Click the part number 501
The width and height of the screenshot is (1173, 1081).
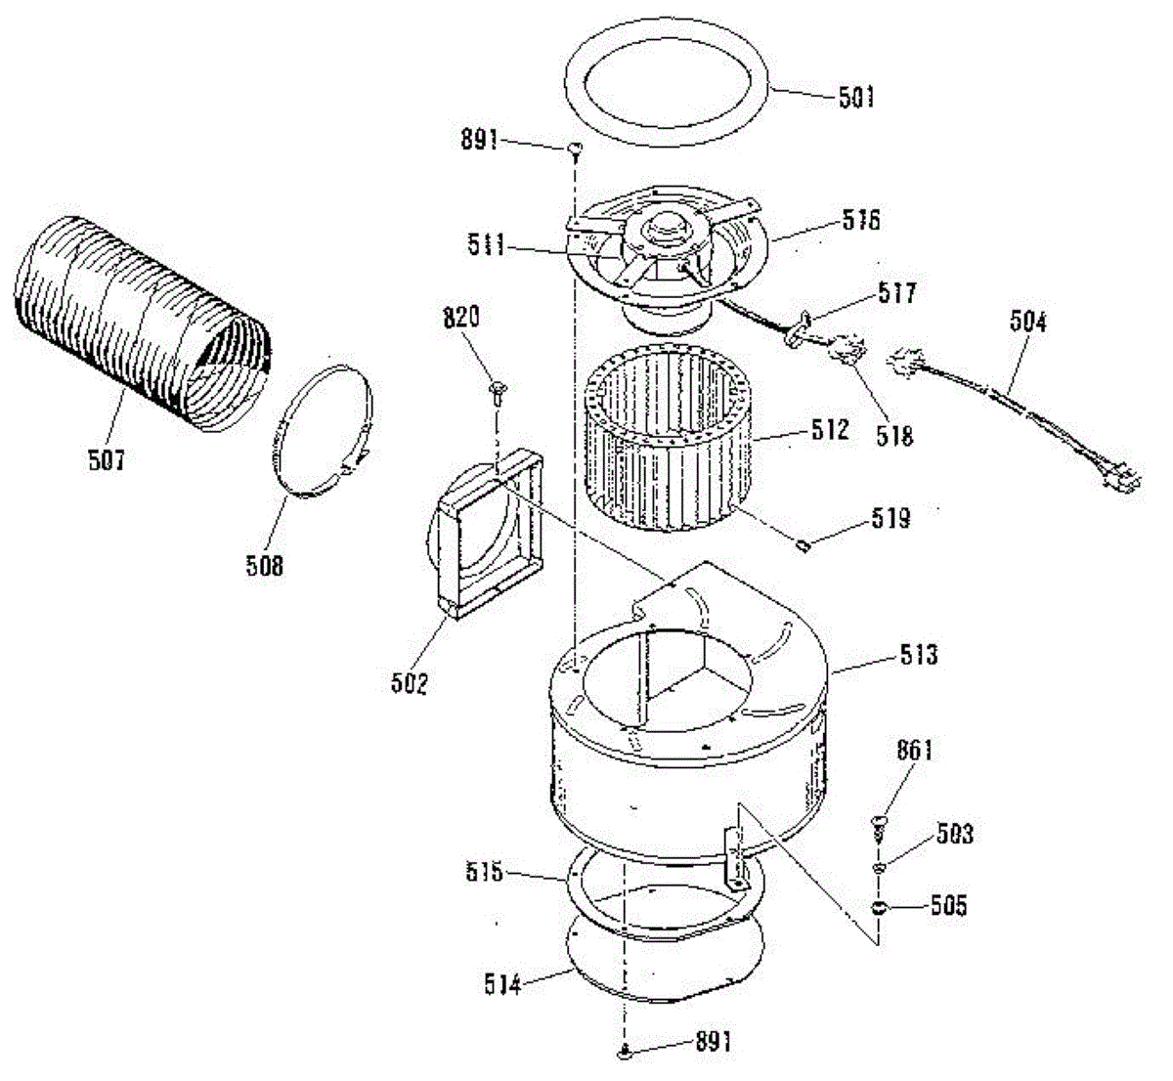pos(855,98)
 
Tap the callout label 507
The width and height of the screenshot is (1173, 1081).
pos(106,459)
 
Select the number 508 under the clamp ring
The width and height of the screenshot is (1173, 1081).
pos(264,564)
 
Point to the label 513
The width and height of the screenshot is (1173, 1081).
pos(918,654)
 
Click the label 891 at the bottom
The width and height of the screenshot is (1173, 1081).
pos(713,1042)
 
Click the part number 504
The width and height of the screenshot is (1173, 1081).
pos(1026,323)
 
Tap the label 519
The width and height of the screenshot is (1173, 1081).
pos(891,518)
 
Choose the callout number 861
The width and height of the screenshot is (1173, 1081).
pos(914,751)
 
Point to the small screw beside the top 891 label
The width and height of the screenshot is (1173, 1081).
pos(575,150)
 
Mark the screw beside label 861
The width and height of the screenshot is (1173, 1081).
pos(879,827)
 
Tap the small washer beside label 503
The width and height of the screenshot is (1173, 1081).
pos(879,867)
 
